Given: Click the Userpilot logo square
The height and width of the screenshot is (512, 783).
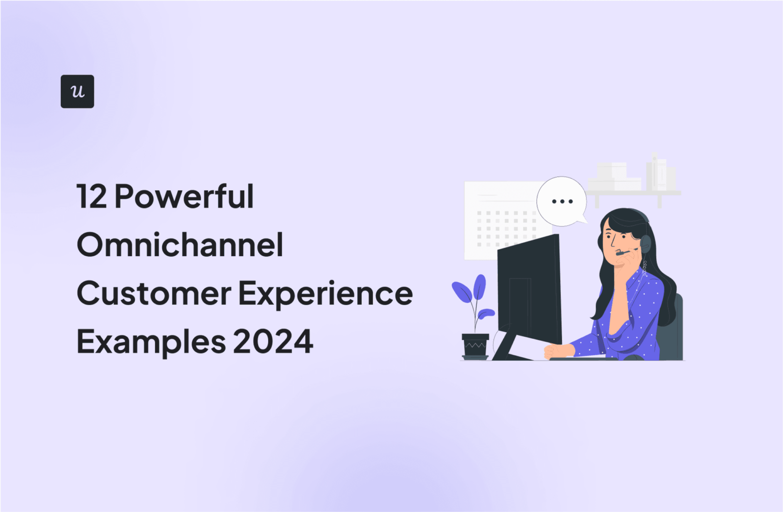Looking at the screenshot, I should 77,91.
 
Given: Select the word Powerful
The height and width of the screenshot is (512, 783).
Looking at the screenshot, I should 184,197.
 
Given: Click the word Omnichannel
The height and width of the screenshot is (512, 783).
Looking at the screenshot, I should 180,245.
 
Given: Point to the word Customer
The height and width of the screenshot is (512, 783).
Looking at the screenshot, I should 153,293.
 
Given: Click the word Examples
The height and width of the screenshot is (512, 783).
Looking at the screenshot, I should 151,342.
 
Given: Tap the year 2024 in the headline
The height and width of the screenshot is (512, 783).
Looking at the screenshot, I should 273,342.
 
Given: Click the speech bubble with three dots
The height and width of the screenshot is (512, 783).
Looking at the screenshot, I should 562,201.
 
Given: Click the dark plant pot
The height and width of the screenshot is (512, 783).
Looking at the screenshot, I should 475,345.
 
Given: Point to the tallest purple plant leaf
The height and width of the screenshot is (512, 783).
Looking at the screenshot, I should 480,288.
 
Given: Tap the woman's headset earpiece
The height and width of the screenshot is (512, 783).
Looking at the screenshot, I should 646,244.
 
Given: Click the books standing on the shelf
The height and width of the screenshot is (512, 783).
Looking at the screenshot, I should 660,172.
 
